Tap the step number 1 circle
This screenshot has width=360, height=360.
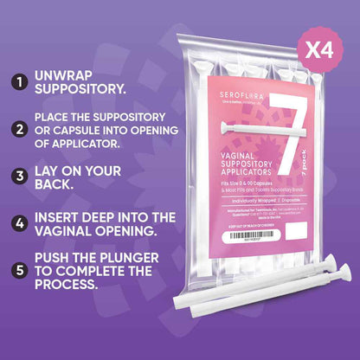[17, 84]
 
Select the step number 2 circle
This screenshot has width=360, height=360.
[17, 131]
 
